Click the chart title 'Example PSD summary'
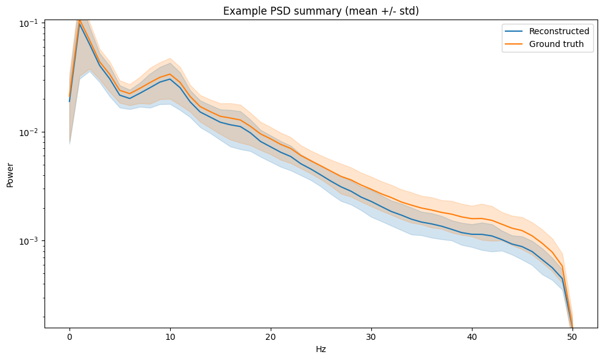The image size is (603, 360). pyautogui.click(x=321, y=11)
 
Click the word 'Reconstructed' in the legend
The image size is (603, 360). pyautogui.click(x=558, y=31)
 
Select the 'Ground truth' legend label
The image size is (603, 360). pyautogui.click(x=556, y=44)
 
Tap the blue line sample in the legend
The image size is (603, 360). pyautogui.click(x=512, y=31)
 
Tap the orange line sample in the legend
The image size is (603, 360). pyautogui.click(x=512, y=44)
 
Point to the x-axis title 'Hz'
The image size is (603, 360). pyautogui.click(x=321, y=350)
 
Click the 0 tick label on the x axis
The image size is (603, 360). pyautogui.click(x=70, y=337)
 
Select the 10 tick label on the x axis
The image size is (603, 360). pyautogui.click(x=170, y=337)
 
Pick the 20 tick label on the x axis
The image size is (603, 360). pyautogui.click(x=271, y=337)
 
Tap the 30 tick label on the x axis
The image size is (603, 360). pyautogui.click(x=371, y=337)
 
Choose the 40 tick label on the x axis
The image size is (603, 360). pyautogui.click(x=472, y=337)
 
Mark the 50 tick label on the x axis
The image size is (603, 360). pyautogui.click(x=573, y=337)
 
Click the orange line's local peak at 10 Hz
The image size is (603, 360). pyautogui.click(x=170, y=74)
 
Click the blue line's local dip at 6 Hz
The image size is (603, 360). pyautogui.click(x=130, y=98)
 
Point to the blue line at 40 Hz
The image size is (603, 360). pyautogui.click(x=472, y=234)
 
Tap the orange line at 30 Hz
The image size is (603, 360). pyautogui.click(x=371, y=189)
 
